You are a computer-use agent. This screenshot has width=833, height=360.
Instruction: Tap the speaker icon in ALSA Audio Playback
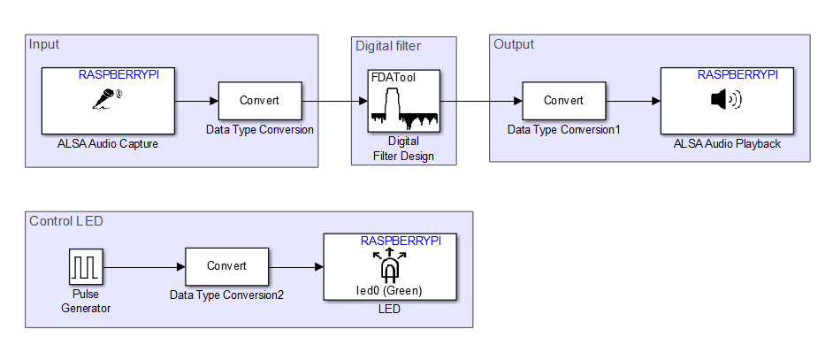[726, 100]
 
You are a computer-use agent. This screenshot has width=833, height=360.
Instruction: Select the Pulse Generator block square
[86, 265]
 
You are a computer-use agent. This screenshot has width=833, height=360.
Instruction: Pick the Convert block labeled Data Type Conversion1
[563, 101]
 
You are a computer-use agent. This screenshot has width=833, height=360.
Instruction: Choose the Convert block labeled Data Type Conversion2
[226, 265]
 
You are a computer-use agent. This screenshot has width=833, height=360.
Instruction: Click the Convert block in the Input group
[260, 101]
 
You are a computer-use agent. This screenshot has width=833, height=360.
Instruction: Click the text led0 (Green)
[390, 289]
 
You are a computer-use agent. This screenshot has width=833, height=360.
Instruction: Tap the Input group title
[44, 44]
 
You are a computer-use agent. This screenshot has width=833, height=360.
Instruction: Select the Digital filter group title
[388, 46]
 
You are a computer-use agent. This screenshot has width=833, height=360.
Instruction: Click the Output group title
[513, 44]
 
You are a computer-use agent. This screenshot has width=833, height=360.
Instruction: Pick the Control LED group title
[65, 220]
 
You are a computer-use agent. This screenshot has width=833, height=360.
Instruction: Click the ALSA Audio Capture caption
[107, 143]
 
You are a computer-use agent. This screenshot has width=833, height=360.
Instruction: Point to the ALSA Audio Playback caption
[727, 143]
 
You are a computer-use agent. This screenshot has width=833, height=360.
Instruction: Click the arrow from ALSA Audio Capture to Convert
[195, 101]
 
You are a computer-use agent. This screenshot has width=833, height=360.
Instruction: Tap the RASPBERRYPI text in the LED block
[401, 241]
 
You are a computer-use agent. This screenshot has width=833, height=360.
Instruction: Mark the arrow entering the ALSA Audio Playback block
[632, 101]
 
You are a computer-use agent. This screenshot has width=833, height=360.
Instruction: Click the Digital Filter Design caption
[403, 149]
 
